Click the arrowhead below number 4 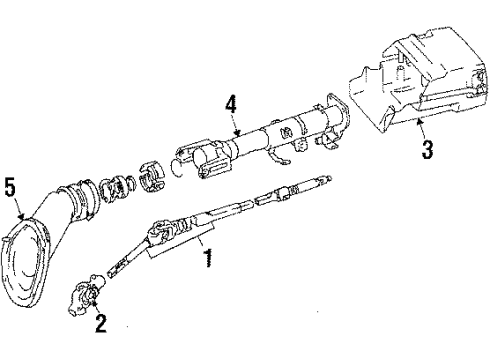234,133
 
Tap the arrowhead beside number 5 23,214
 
